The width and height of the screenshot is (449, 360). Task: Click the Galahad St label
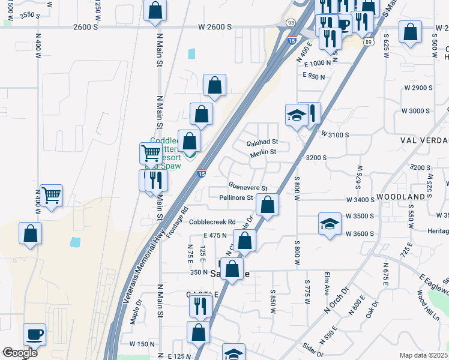tap(262, 143)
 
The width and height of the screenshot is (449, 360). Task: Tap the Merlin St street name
tap(263, 152)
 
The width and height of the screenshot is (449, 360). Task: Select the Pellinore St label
tap(236, 197)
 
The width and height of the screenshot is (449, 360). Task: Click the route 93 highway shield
tap(291, 22)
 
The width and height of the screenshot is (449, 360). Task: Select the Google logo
tap(20, 353)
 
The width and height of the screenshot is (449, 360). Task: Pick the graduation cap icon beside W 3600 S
tap(330, 224)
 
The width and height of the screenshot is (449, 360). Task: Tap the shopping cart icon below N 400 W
tap(51, 194)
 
